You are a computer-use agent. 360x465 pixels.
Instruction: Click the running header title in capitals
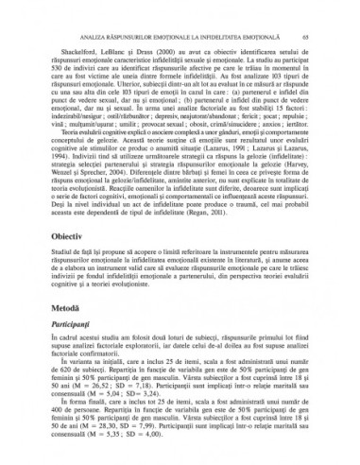coord(180,12)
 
